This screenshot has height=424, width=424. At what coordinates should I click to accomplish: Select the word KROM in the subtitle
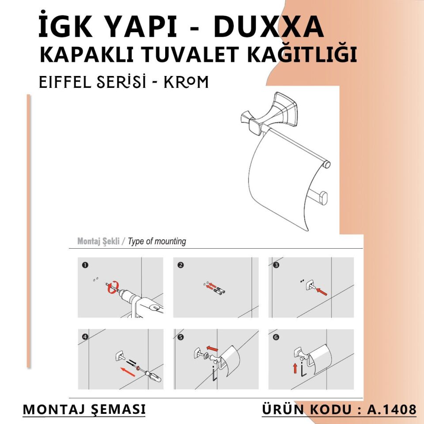186,82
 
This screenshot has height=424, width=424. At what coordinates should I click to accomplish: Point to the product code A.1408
392,409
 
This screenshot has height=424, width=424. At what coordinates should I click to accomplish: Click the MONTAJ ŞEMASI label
84,409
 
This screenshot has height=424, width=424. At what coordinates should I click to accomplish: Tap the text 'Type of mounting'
157,242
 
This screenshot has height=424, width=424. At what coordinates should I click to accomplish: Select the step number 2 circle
180,265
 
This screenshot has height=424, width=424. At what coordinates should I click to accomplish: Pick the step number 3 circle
276,265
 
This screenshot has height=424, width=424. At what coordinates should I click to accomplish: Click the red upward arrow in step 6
295,367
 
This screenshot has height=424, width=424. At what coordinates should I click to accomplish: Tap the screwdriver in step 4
152,375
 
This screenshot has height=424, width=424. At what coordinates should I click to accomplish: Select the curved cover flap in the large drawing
283,185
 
